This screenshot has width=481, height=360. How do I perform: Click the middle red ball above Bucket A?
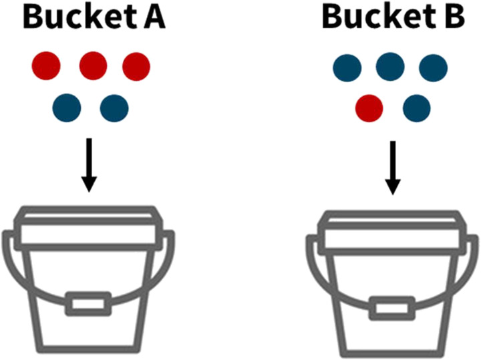coord(94,65)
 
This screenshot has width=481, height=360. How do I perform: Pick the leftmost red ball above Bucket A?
coord(47,65)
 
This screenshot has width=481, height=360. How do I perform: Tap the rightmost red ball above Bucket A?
coord(136,65)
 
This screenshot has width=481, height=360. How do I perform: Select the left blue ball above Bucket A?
coord(67,107)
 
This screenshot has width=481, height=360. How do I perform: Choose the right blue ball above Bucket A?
coord(114,107)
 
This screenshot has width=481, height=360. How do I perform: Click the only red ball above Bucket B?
coord(369,107)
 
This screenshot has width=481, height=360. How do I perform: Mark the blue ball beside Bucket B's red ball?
coord(416,107)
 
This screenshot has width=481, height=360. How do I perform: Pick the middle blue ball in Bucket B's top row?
coord(391,67)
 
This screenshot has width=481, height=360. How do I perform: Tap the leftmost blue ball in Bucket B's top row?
coord(347,67)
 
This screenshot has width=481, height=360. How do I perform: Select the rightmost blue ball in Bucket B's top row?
coord(433,67)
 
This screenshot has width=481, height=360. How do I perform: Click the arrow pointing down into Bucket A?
coord(89,164)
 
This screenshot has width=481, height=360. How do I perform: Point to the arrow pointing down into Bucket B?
coord(393,167)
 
